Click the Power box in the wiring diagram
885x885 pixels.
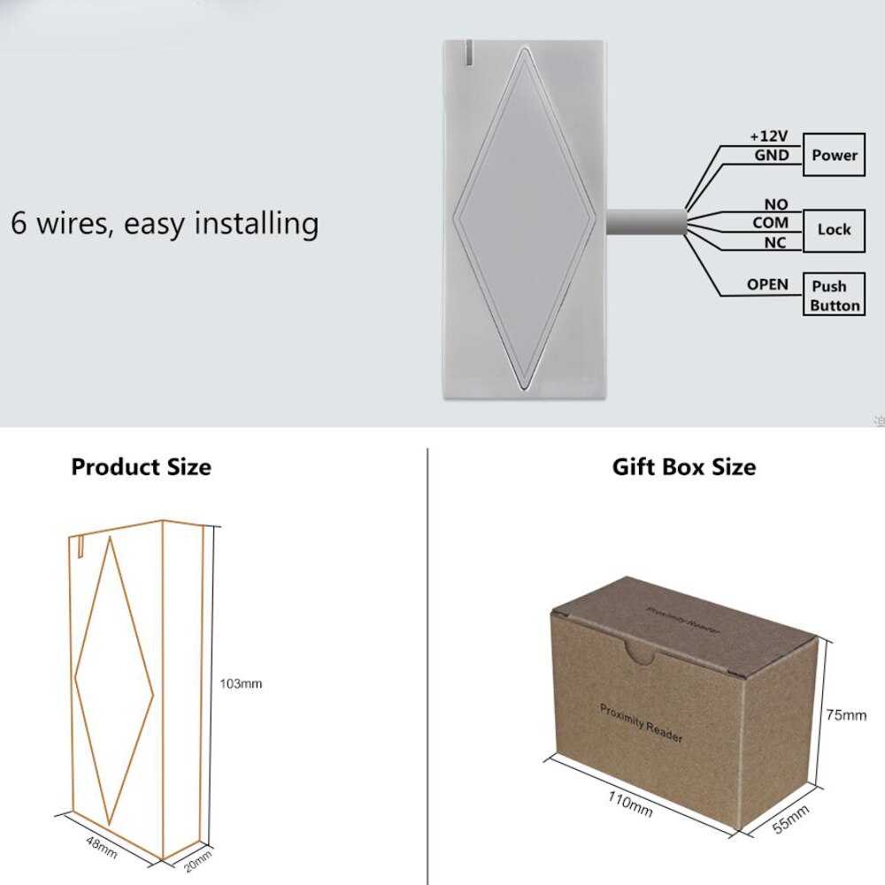pos(835,156)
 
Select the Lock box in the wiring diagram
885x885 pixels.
pos(834,229)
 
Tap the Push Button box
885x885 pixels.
pos(834,296)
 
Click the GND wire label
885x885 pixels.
pos(771,155)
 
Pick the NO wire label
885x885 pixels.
pos(775,205)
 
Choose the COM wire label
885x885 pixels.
pos(770,223)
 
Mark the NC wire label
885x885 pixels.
pos(774,242)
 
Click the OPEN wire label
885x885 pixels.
pos(766,285)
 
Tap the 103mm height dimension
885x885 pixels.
pos(242,683)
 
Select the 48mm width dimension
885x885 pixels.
pos(101,846)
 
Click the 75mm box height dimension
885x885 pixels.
pos(846,715)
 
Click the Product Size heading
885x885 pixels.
pos(142,466)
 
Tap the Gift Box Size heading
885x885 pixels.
pos(684,466)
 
